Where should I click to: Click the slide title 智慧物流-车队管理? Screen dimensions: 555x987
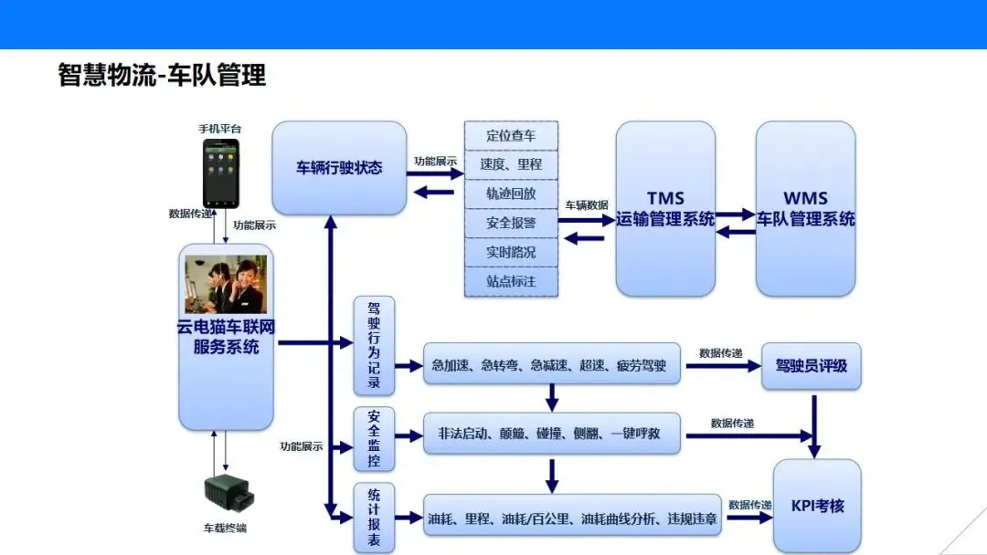coord(162,75)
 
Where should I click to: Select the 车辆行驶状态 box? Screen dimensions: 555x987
coord(339,168)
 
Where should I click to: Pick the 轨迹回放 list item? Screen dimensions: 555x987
coord(511,194)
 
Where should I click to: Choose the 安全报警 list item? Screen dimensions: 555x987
coord(511,223)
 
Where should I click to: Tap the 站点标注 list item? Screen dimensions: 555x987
coord(511,281)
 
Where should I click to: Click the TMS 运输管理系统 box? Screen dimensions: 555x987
coord(665,209)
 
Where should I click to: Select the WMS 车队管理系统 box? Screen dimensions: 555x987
coord(805,209)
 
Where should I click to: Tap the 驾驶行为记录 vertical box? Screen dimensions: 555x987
coord(374,346)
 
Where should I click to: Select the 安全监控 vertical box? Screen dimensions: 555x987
coord(374,440)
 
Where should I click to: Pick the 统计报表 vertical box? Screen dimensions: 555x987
coord(374,518)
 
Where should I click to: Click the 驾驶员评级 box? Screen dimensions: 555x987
coord(812,366)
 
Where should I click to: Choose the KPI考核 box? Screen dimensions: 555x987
coord(816,505)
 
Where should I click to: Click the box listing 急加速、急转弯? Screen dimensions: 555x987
coord(551,366)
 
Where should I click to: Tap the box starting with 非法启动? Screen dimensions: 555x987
coord(551,434)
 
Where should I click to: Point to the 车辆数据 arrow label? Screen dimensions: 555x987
coord(587,205)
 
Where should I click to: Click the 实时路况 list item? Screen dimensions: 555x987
coord(511,252)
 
